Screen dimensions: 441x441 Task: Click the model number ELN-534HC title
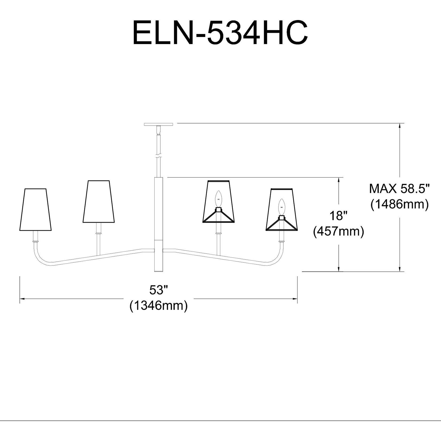[x=220, y=33]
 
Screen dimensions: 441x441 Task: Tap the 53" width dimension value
[x=158, y=290]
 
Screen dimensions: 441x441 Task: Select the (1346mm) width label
[x=158, y=305]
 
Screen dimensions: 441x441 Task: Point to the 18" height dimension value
[x=339, y=216]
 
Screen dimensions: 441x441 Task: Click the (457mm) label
[x=339, y=231]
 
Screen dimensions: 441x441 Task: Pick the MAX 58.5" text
[x=399, y=189]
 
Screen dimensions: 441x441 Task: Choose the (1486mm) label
[x=399, y=204]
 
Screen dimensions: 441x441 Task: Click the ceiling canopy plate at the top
[x=158, y=124]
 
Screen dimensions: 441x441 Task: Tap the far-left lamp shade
[x=36, y=210]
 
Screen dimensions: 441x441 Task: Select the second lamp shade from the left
[x=99, y=202]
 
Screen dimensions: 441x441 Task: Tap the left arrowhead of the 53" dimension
[x=22, y=298]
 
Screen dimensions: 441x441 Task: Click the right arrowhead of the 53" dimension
[x=296, y=298]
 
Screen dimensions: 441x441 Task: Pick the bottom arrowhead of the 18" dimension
[x=339, y=269]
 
